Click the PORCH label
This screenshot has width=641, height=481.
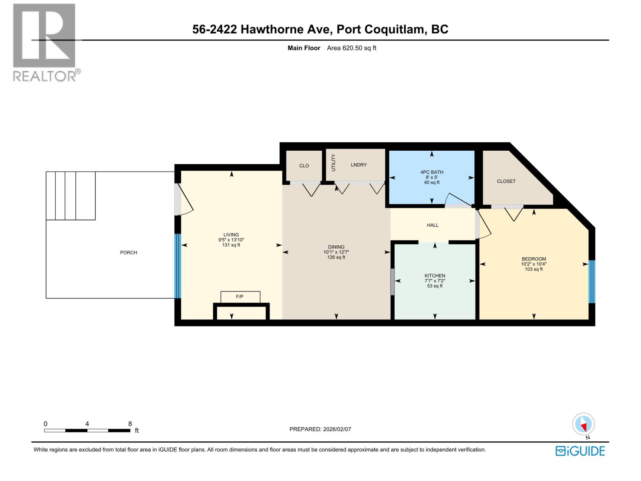(129, 253)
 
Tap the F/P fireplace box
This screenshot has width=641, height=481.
(240, 297)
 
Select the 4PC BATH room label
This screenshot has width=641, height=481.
(432, 172)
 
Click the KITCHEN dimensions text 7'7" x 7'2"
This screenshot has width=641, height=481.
(435, 281)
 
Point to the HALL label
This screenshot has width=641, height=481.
(433, 225)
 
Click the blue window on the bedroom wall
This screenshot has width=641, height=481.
(592, 281)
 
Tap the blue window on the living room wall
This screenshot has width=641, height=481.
(178, 266)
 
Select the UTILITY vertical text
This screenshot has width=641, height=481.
(333, 163)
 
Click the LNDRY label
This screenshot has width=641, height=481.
(359, 165)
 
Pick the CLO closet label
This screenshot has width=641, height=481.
(304, 166)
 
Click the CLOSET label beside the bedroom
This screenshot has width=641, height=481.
(506, 181)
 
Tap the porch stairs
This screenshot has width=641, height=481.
(71, 196)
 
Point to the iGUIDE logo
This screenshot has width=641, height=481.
(580, 451)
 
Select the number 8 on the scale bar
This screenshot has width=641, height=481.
(130, 424)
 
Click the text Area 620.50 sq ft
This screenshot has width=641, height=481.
(351, 48)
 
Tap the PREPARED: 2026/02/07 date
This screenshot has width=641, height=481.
(320, 429)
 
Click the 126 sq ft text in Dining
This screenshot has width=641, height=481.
(336, 257)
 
